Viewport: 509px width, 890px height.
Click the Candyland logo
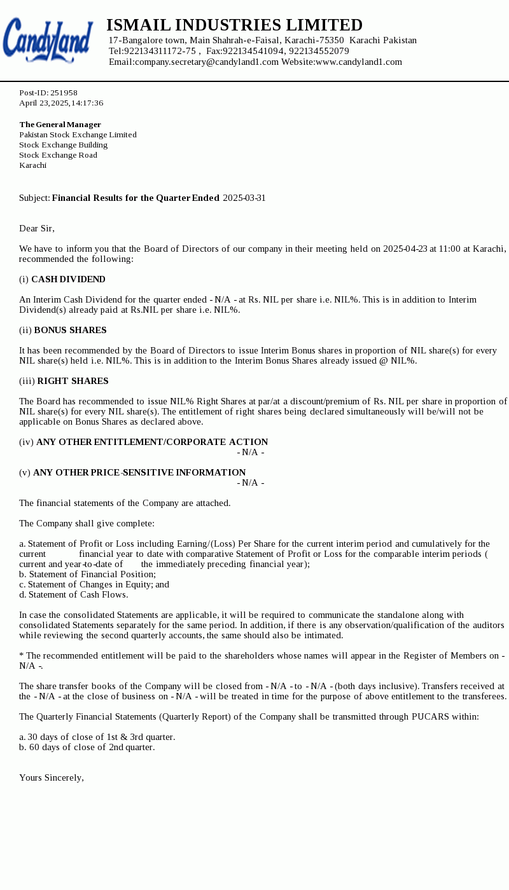pyautogui.click(x=48, y=40)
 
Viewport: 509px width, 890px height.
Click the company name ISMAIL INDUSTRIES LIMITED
pyautogui.click(x=234, y=25)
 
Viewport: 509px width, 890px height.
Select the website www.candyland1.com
pyautogui.click(x=359, y=62)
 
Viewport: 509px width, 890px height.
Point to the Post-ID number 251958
pyautogui.click(x=64, y=93)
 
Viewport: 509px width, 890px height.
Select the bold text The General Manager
pyautogui.click(x=60, y=125)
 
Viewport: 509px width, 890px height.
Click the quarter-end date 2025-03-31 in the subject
pyautogui.click(x=244, y=198)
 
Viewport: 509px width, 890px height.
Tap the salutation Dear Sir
pyautogui.click(x=37, y=228)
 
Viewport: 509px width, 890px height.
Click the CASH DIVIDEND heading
pyautogui.click(x=68, y=279)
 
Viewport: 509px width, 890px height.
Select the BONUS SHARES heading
pyautogui.click(x=70, y=330)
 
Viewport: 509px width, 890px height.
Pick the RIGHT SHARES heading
pyautogui.click(x=73, y=381)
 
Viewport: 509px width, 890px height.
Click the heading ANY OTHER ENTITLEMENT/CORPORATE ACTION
pyautogui.click(x=152, y=442)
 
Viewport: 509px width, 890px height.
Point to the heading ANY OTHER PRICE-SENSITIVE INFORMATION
pyautogui.click(x=139, y=472)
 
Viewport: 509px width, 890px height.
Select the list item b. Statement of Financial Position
pyautogui.click(x=87, y=574)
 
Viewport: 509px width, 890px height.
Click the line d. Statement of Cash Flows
pyautogui.click(x=73, y=594)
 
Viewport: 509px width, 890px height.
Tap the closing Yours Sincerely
pyautogui.click(x=51, y=777)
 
